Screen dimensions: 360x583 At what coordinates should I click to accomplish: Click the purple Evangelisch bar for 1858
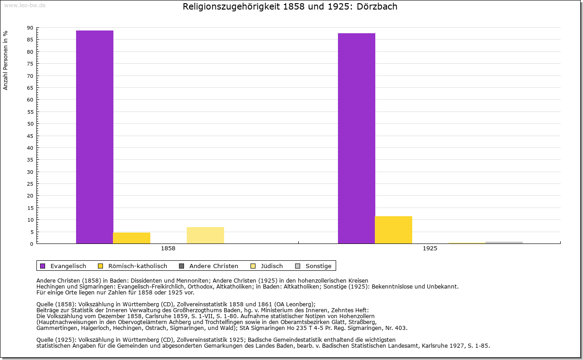pos(95,137)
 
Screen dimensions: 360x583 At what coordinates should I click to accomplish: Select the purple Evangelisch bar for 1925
pos(357,138)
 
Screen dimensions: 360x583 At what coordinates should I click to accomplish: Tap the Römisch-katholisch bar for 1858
pos(132,238)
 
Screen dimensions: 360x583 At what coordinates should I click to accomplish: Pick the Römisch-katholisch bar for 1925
pos(394,230)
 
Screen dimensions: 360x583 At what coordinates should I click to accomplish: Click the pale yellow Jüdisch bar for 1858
pos(205,235)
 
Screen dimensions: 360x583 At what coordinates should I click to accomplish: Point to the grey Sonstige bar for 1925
pos(504,243)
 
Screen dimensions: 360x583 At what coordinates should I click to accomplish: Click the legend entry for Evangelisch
pos(63,266)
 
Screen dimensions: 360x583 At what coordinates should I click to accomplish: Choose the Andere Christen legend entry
pos(209,266)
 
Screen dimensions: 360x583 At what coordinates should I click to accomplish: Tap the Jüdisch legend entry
pos(267,266)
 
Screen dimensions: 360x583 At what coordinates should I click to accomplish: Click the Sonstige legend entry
pos(314,266)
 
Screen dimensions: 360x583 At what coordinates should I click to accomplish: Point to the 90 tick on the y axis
pos(30,28)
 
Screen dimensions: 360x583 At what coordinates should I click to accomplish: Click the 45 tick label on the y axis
pos(30,136)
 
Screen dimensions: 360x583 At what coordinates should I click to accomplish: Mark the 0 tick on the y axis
pos(31,244)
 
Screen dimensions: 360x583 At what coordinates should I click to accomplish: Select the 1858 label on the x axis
pos(168,249)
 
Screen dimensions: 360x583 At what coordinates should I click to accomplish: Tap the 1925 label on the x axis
pos(430,249)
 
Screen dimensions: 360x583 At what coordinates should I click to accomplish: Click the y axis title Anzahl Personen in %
pos(5,61)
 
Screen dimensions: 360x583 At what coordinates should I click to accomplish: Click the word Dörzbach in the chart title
pos(378,7)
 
